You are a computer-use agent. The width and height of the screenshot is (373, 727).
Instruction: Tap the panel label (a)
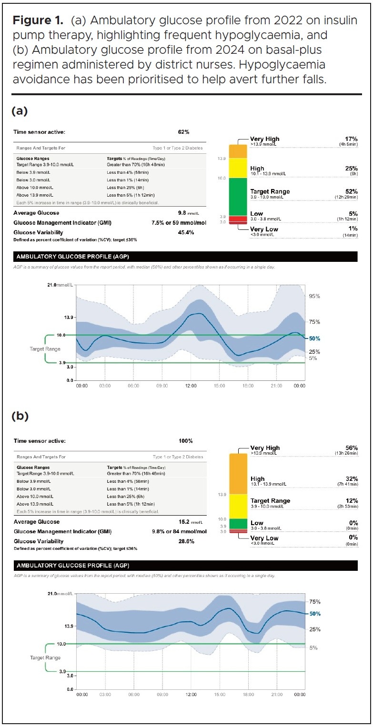[x=20, y=111]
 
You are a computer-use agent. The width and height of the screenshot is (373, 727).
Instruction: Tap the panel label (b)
[x=20, y=416]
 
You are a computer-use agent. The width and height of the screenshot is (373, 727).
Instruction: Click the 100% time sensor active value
[x=185, y=441]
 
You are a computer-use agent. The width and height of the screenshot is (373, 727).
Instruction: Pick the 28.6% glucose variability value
[x=185, y=541]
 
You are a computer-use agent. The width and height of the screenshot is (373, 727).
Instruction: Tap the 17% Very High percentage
[x=352, y=139]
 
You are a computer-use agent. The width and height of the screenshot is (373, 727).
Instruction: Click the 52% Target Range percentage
[x=352, y=191]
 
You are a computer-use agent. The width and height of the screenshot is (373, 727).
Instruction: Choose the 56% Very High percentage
[x=352, y=448]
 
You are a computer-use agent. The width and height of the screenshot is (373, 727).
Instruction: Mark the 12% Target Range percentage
[x=352, y=501]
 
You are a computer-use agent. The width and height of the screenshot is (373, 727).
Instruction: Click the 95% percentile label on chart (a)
[x=314, y=296]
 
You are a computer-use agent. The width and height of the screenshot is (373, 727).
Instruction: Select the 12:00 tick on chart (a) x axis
[x=191, y=386]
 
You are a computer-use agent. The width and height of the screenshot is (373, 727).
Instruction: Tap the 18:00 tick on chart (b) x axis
[x=248, y=695]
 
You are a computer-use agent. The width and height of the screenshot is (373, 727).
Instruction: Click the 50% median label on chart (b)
[x=315, y=614]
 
